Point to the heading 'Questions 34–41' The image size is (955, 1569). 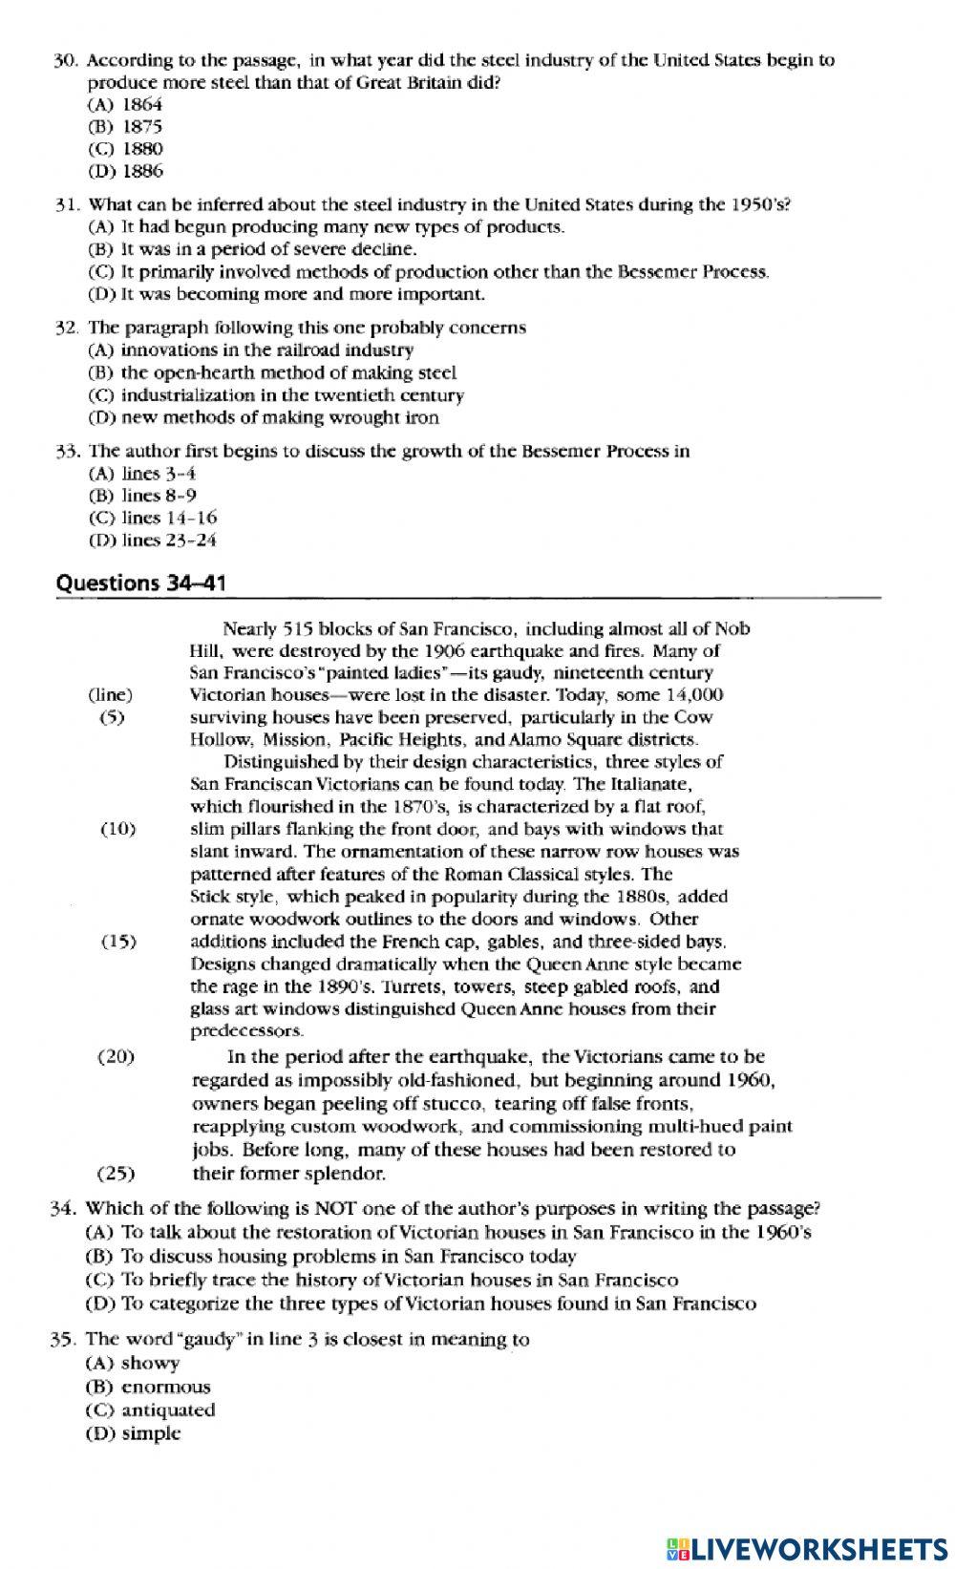pyautogui.click(x=141, y=583)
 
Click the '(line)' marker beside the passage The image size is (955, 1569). pyautogui.click(x=111, y=695)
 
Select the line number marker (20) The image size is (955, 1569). pyautogui.click(x=116, y=1057)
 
